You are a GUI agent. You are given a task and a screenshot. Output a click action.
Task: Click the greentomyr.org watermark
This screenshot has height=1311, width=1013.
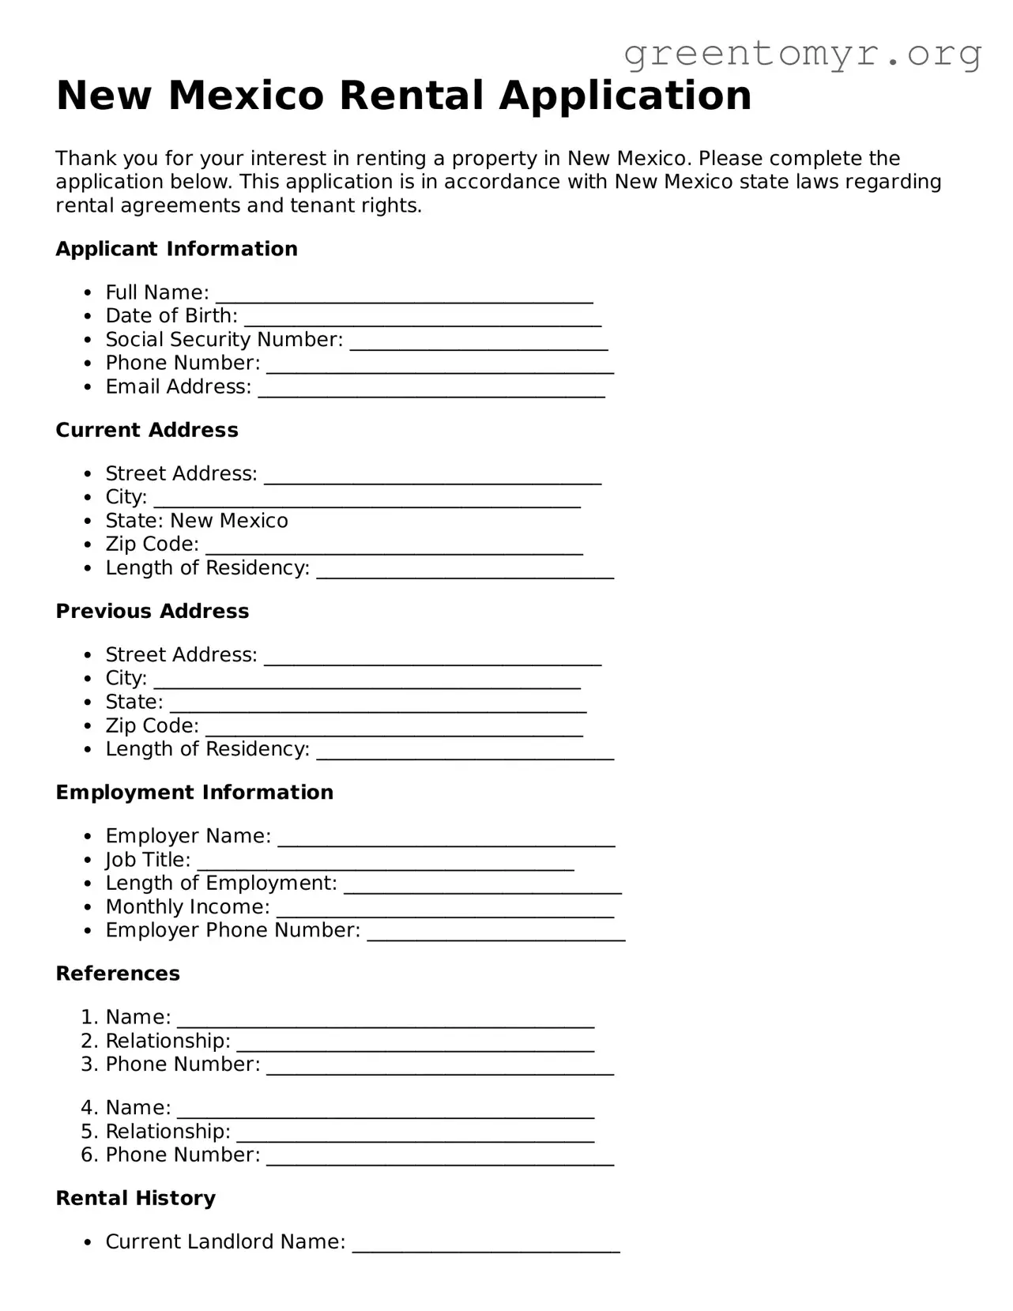[802, 54]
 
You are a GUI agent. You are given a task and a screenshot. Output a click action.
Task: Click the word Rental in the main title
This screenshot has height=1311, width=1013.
[411, 96]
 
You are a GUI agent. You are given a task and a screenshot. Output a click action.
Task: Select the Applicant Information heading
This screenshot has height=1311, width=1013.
[176, 249]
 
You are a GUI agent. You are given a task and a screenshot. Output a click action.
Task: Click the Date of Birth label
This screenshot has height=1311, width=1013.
[171, 316]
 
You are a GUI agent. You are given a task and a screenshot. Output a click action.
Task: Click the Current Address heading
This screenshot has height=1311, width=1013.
[147, 430]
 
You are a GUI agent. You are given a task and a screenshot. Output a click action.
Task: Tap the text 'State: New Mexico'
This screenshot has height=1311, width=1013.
[197, 521]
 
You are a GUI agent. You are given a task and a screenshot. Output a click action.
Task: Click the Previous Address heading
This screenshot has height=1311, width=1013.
[153, 611]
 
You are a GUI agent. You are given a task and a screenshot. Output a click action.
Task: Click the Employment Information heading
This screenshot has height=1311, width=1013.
[194, 793]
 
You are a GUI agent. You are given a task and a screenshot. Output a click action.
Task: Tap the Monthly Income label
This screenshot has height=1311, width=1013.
[187, 907]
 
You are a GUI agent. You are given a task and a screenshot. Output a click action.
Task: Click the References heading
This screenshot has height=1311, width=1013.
[118, 974]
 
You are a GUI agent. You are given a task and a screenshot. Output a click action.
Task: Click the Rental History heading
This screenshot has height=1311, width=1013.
[135, 1199]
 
